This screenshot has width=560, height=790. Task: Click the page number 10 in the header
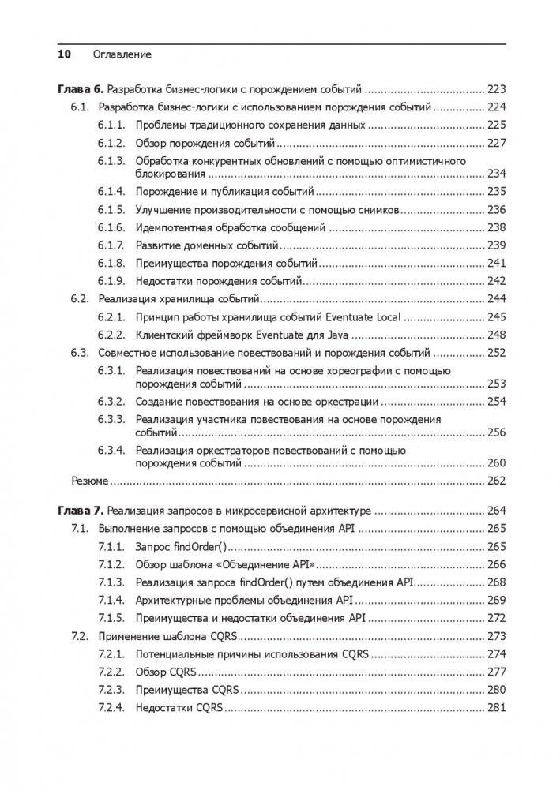coord(64,54)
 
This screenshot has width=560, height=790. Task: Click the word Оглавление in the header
coord(122,54)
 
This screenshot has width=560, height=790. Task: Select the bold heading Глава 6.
coord(81,89)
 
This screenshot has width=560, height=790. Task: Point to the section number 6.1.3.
coord(112,161)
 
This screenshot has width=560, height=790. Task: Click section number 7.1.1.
coord(112,546)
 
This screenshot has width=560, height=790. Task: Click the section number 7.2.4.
coord(112,707)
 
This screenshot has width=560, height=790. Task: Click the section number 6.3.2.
coord(112,402)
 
